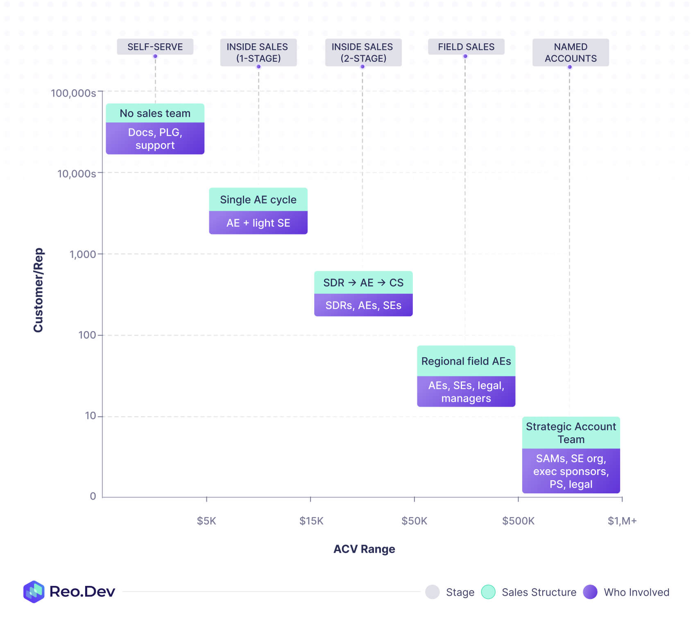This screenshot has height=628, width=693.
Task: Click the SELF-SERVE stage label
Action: point(155,47)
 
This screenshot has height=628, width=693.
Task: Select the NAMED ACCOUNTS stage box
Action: point(570,52)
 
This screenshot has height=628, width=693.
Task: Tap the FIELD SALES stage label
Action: point(466,47)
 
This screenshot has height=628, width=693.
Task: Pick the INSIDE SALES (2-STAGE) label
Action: point(363,52)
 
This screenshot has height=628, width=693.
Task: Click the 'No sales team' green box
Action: point(155,113)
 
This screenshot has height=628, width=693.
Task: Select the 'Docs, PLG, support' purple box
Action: point(155,139)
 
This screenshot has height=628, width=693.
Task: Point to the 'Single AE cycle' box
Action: point(258,200)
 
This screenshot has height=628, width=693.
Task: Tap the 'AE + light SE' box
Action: point(258,223)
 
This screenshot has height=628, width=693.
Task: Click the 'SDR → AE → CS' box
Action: point(363,283)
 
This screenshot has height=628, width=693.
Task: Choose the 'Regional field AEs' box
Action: point(466,361)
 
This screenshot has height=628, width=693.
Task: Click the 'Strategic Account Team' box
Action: point(571,433)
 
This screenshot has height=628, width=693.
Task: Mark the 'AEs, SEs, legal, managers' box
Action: point(466,392)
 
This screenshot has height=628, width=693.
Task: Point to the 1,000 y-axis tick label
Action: point(83,254)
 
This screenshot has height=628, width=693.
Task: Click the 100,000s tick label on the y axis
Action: point(73,93)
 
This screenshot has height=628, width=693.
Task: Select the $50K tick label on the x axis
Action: point(414,521)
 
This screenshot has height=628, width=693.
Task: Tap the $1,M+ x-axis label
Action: point(622,521)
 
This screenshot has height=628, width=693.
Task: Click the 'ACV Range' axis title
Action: point(364,549)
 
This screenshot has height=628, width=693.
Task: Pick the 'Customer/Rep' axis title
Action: point(38,290)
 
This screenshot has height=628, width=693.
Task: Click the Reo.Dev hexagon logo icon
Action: point(34,592)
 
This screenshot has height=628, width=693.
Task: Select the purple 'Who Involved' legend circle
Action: point(590,592)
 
